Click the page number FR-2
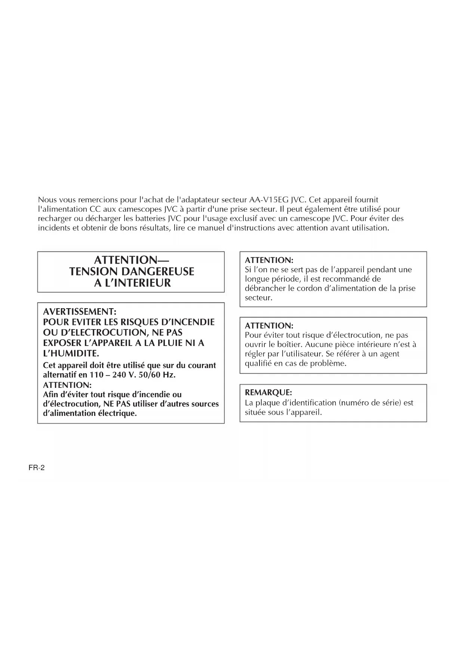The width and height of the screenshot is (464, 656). [x=37, y=468]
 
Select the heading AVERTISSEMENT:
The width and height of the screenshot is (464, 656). [x=80, y=312]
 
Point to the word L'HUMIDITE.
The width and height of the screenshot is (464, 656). [x=71, y=353]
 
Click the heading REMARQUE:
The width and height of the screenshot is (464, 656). [x=268, y=392]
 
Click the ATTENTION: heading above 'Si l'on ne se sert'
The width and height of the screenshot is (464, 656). [x=269, y=260]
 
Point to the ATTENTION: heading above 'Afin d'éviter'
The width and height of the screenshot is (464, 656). [x=67, y=385]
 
